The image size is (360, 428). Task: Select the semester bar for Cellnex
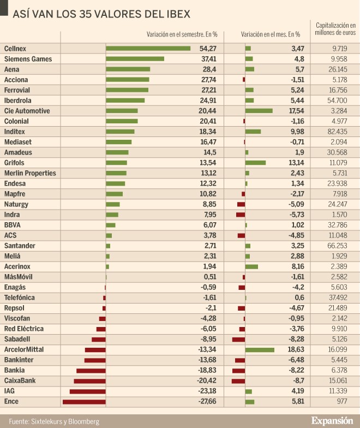[148, 49]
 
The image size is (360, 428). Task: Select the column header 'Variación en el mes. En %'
[271, 34]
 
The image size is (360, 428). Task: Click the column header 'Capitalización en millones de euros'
[335, 29]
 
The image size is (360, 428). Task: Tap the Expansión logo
[332, 420]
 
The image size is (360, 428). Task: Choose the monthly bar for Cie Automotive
[259, 111]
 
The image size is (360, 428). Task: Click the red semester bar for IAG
[87, 391]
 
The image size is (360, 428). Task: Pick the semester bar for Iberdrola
[125, 100]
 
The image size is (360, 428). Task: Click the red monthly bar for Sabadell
[238, 339]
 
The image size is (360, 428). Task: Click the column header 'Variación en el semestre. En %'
[182, 34]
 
